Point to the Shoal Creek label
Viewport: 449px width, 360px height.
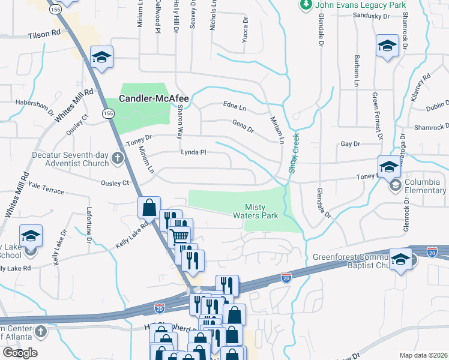[295, 153]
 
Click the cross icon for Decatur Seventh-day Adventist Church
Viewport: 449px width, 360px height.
[117, 159]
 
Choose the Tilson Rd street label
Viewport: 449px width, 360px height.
[44, 35]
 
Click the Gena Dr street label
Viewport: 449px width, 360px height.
[243, 125]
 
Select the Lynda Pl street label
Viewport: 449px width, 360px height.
[194, 152]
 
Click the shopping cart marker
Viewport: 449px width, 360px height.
[179, 235]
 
